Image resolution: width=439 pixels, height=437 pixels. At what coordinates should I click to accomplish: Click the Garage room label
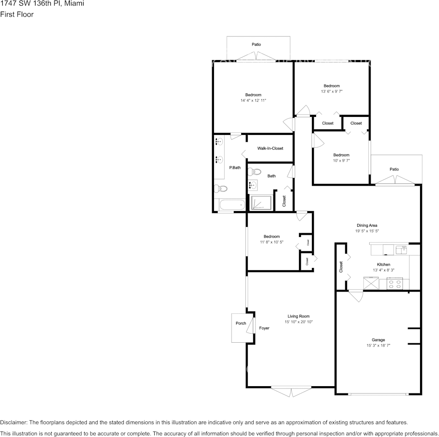tap(378, 340)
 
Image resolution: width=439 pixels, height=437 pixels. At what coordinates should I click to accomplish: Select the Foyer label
tap(264, 328)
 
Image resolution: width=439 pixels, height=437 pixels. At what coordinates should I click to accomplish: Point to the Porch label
tap(241, 323)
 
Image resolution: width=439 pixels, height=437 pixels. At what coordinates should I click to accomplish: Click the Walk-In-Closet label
tap(270, 148)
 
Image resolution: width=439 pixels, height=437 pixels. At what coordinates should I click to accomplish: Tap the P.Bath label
tap(235, 168)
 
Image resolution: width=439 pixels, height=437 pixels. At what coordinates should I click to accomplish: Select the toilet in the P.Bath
tap(221, 188)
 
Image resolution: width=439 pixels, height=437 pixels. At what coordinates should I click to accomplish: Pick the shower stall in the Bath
tap(261, 203)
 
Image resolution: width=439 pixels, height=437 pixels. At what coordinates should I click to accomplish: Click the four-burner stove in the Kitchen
tap(395, 283)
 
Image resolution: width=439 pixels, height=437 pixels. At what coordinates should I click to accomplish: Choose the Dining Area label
tap(366, 225)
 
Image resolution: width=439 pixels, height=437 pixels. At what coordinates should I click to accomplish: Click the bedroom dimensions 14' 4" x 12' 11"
tap(253, 100)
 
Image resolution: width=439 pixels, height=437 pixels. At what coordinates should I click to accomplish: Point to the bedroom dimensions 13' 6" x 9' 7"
tap(331, 91)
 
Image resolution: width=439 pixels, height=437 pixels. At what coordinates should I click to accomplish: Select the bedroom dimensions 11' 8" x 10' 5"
tap(271, 242)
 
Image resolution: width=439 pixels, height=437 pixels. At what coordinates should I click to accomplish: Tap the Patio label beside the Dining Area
tap(394, 169)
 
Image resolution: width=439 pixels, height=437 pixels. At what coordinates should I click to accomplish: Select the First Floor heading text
tap(17, 14)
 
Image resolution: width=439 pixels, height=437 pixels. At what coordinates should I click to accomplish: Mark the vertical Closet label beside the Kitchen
tap(341, 267)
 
